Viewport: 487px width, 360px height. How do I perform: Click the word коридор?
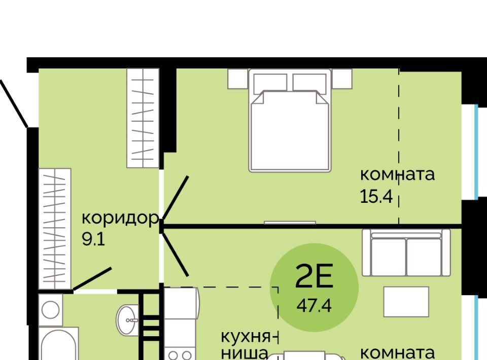(120, 219)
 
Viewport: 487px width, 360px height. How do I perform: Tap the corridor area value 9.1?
(93, 239)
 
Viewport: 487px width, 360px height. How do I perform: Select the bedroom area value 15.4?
(376, 196)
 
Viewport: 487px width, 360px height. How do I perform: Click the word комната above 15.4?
(397, 175)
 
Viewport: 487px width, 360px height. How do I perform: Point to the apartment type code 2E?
(314, 276)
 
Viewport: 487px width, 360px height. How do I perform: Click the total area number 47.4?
(314, 306)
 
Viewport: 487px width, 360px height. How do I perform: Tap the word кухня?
(246, 337)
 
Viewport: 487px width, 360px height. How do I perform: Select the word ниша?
(245, 354)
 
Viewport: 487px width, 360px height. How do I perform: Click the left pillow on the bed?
(270, 84)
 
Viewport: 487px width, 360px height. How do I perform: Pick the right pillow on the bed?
(309, 84)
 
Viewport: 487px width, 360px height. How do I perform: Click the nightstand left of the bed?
(238, 79)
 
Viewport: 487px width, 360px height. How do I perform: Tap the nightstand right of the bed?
(342, 79)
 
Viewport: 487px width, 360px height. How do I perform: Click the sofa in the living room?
(406, 253)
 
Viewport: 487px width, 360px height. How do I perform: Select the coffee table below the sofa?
(406, 302)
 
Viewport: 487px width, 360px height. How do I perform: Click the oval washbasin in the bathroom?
(127, 319)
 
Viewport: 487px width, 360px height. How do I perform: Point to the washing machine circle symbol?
(50, 309)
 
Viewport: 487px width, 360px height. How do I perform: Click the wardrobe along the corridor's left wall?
(55, 229)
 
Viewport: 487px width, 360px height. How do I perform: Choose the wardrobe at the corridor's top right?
(143, 118)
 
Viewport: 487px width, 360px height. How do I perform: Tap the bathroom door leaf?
(92, 279)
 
